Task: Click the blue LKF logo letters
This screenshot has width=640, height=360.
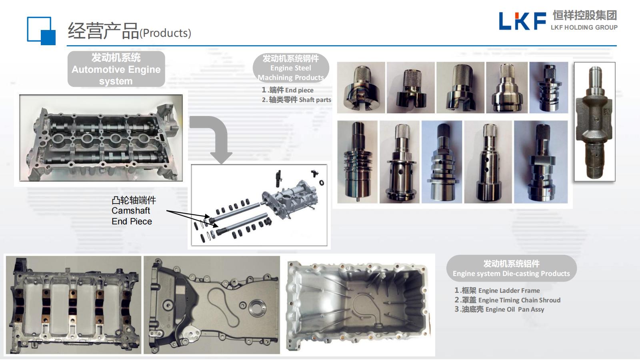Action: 522,21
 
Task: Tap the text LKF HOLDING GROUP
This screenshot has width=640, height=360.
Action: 584,28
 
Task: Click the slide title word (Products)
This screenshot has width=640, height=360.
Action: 165,33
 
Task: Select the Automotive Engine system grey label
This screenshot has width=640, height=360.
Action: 116,69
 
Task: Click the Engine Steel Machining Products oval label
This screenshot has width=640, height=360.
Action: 291,68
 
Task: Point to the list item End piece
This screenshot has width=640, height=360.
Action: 299,90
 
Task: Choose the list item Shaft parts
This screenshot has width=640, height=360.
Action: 315,100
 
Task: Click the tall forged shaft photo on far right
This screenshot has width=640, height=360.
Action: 594,122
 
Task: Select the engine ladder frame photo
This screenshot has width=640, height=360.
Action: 74,305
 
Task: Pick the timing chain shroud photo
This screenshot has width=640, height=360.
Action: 212,305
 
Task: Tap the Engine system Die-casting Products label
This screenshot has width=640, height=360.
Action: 512,268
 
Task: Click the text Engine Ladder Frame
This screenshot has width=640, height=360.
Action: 509,290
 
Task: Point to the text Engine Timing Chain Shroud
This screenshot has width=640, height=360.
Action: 519,300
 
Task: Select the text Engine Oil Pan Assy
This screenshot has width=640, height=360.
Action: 514,310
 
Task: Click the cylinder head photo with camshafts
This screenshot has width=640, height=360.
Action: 101,138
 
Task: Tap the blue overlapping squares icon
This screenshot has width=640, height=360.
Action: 41,31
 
